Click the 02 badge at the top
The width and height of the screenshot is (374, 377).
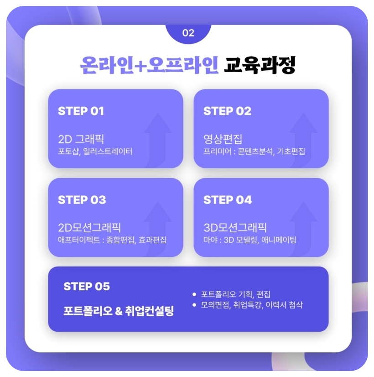tap(188, 33)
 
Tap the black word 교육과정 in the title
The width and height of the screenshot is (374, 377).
tap(260, 65)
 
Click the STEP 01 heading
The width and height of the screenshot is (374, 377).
tap(81, 111)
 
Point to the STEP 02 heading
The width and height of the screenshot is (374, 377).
tap(227, 111)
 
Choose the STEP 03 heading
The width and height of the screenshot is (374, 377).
tap(82, 200)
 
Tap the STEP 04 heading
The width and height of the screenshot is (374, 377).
tap(228, 200)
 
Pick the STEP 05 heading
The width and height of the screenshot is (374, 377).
tap(87, 287)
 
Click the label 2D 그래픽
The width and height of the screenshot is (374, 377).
tap(81, 139)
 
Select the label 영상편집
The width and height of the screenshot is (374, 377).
tap(223, 139)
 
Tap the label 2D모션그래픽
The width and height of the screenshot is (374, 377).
tap(89, 227)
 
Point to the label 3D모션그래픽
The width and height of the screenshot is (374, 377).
tap(235, 227)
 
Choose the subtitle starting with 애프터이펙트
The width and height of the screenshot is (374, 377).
tap(112, 240)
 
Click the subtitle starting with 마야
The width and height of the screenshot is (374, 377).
tap(249, 240)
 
